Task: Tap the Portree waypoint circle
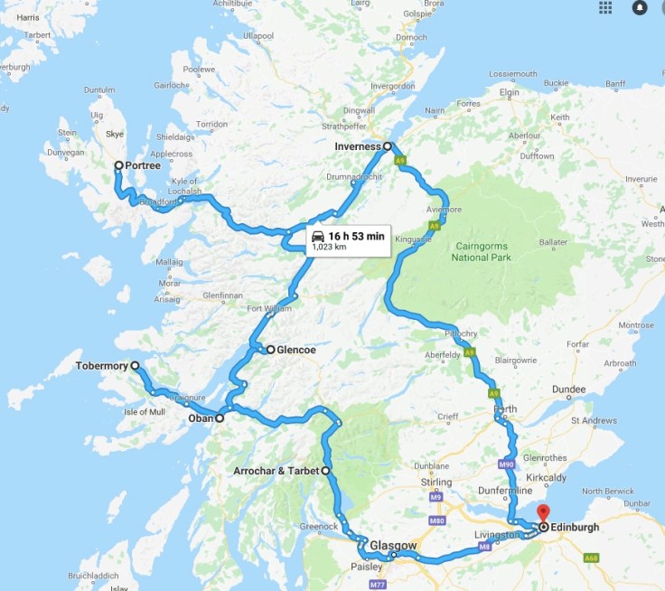tap(118, 165)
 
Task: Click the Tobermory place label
tap(102, 367)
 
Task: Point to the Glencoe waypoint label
tap(295, 349)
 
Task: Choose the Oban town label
tap(200, 418)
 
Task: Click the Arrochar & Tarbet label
tap(276, 472)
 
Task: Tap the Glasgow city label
tap(393, 546)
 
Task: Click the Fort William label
tap(270, 310)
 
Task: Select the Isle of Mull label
tap(145, 411)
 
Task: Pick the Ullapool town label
tap(258, 35)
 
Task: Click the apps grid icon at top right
tap(604, 7)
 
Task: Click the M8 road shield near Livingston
tap(484, 547)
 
